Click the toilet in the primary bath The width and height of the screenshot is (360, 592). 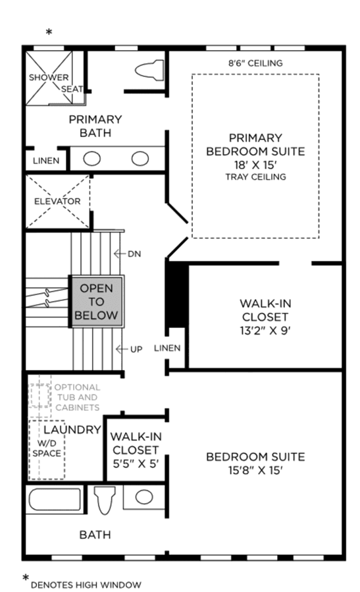[x=149, y=70]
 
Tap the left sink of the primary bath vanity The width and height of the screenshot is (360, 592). [x=91, y=159]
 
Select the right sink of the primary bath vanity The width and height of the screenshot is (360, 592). [x=140, y=159]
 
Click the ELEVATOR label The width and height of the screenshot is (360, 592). [x=57, y=202]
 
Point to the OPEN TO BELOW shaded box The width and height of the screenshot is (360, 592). [x=96, y=302]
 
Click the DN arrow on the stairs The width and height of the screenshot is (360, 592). [x=120, y=254]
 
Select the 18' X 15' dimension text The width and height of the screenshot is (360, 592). [x=255, y=165]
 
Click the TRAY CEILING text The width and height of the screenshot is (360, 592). [x=256, y=176]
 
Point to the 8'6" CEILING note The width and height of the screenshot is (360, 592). [x=255, y=63]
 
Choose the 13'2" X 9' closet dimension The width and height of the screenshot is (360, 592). [x=265, y=331]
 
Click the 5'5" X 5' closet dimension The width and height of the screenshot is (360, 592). [x=136, y=463]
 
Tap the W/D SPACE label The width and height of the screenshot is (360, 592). [x=47, y=448]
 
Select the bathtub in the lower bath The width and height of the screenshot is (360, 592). [x=55, y=500]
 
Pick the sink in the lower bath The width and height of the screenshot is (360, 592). [x=143, y=497]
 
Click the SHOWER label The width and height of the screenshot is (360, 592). [x=49, y=78]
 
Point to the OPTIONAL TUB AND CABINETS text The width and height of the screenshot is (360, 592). [x=78, y=397]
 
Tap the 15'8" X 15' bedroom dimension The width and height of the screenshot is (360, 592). [x=255, y=470]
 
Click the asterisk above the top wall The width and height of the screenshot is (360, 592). [x=49, y=32]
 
